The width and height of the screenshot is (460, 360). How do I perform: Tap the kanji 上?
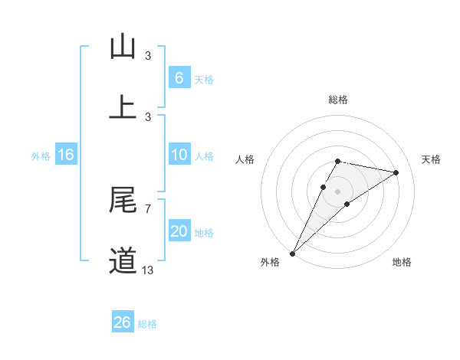tap(123, 106)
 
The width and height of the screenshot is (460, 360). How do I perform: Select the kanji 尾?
tap(123, 200)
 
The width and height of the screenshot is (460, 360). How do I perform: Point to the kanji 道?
tap(123, 261)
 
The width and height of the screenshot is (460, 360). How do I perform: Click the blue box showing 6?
tap(179, 78)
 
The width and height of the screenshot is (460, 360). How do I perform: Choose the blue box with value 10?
tap(179, 155)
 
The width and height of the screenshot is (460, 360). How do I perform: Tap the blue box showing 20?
tap(179, 231)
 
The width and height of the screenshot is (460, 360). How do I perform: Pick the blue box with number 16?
tap(65, 155)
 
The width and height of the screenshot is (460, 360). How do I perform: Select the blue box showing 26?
tap(122, 322)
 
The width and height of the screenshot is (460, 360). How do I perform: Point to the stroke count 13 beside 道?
tap(147, 270)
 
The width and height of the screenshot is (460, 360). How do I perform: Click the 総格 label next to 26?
tap(147, 324)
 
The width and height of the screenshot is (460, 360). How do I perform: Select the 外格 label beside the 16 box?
tap(41, 156)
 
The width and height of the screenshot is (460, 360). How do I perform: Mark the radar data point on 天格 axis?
tap(396, 172)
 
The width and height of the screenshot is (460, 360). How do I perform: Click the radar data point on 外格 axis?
tap(292, 253)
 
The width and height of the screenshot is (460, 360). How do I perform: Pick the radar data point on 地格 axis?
tap(347, 204)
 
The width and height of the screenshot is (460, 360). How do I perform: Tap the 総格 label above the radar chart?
tap(338, 100)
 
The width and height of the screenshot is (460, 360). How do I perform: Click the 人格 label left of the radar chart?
tap(245, 159)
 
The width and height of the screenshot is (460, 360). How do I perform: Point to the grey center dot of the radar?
tap(338, 191)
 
